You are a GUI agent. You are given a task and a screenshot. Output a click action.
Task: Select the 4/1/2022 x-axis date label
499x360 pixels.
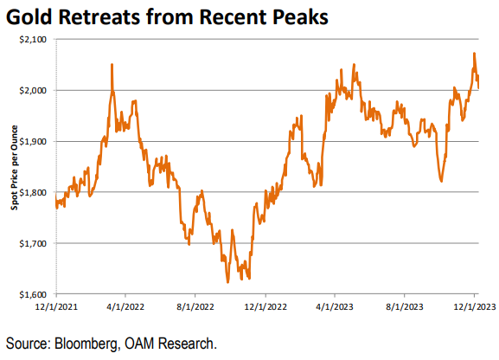(x=125, y=306)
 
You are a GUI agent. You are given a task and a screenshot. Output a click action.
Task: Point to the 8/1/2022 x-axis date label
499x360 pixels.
(x=196, y=306)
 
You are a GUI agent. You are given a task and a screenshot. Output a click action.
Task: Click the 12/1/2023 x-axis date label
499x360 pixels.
(x=473, y=306)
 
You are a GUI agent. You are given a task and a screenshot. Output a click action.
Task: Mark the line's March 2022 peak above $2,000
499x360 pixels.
(x=112, y=65)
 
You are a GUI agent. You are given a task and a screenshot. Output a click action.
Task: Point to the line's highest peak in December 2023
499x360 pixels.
(x=474, y=54)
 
